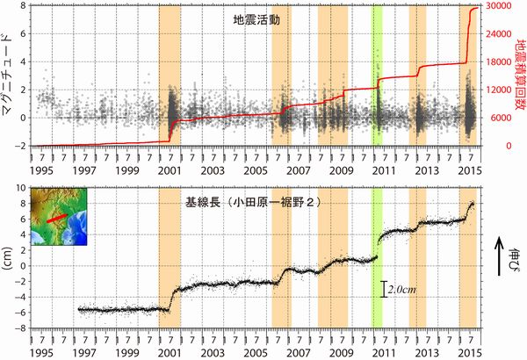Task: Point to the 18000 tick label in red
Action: click(498, 62)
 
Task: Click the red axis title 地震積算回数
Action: click(519, 75)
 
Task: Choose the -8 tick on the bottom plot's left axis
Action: click(20, 328)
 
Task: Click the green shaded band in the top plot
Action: click(377, 75)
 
